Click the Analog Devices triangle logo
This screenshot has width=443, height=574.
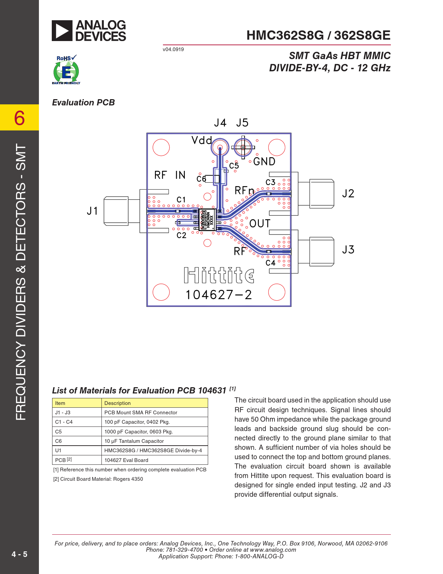coord(62,31)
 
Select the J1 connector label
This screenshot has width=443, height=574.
coord(92,211)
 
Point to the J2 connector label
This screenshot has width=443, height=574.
coord(348,193)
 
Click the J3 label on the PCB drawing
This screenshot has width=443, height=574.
coord(348,250)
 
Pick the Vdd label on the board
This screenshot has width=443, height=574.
coord(202,140)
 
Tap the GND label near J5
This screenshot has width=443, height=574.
coord(264,161)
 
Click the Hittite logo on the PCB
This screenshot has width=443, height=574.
coord(219,275)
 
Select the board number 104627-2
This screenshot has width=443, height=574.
coord(219,295)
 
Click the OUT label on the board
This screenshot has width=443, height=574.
coord(260,223)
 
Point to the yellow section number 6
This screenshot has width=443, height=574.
coord(19,118)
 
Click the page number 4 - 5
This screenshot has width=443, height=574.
coord(19,554)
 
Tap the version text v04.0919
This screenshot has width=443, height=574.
coord(173,49)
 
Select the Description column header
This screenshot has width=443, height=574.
coord(117,403)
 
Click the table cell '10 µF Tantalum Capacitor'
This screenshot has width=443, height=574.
coord(134,441)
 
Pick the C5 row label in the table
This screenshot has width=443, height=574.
coord(58,432)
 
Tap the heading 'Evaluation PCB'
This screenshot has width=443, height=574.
coord(83,103)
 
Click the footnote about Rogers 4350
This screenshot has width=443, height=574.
coord(98,479)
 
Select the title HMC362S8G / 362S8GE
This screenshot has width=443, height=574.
coord(318,35)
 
